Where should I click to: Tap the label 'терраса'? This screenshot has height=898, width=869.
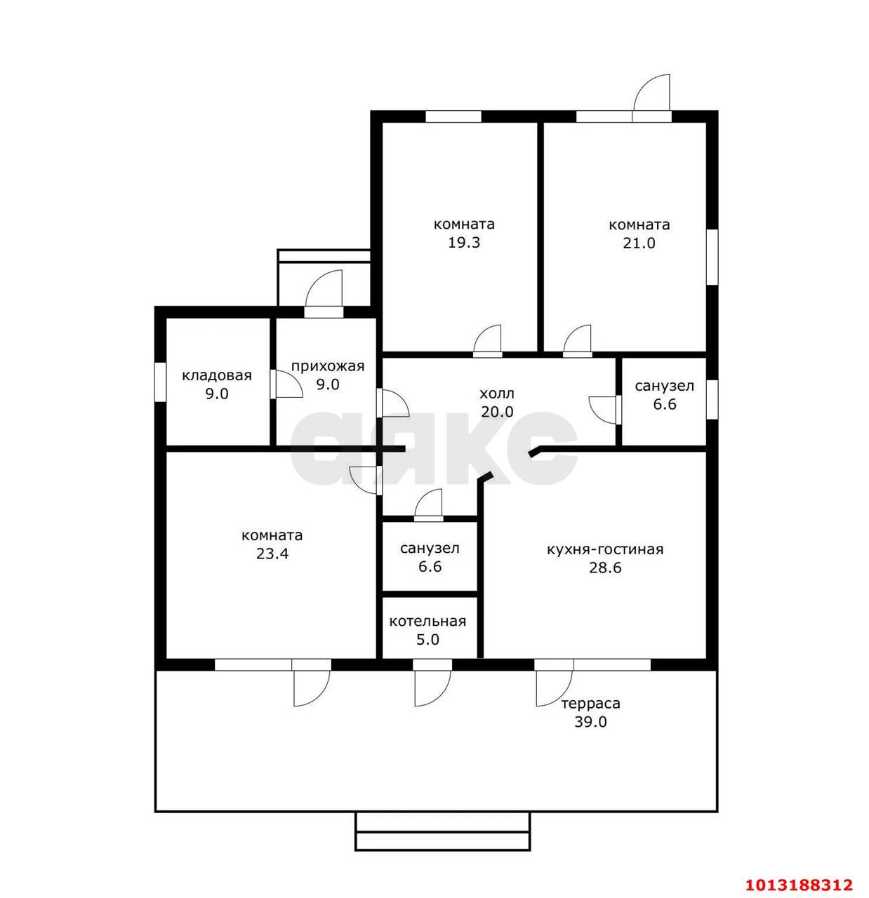[x=590, y=704]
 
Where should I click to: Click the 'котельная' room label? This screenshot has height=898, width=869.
[x=427, y=622]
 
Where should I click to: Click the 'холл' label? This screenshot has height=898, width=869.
[x=497, y=394]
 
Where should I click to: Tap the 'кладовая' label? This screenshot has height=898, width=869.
[x=217, y=375]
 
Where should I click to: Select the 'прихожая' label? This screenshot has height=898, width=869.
[x=327, y=366]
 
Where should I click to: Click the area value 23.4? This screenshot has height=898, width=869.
[x=272, y=554]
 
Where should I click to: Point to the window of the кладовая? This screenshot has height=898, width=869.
[x=160, y=382]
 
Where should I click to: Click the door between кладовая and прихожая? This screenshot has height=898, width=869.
[x=286, y=384]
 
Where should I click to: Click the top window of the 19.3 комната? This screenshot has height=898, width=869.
[x=453, y=116]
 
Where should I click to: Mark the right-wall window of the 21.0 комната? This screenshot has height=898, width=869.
[x=712, y=257]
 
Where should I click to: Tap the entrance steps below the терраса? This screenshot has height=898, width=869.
[x=442, y=831]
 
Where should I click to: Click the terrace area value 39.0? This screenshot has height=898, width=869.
[x=590, y=722]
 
